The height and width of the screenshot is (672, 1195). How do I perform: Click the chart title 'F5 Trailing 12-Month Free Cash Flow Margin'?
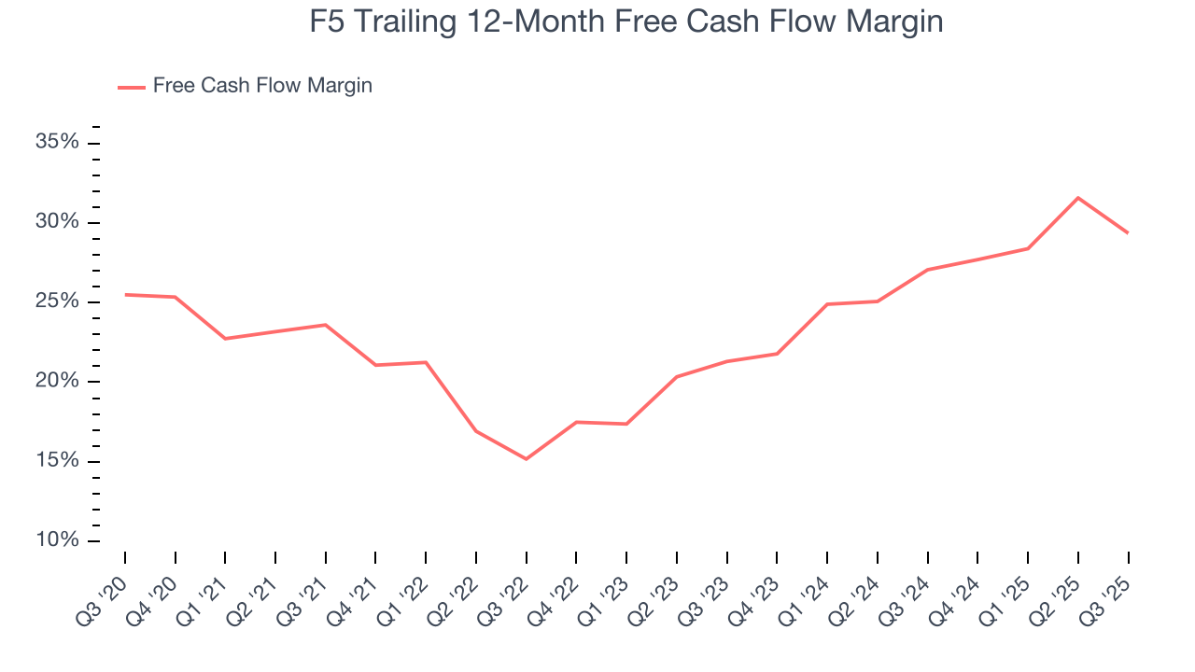click(x=626, y=21)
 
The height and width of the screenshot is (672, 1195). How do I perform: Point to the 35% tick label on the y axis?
click(x=56, y=142)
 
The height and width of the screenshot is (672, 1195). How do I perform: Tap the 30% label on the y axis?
click(x=56, y=222)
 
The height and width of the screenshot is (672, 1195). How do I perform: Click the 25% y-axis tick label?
click(x=56, y=301)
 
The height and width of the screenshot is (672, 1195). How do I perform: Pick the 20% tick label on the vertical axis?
click(x=56, y=382)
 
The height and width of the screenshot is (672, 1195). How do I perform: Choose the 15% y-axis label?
click(x=56, y=461)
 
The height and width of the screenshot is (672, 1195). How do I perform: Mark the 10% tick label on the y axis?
click(x=56, y=541)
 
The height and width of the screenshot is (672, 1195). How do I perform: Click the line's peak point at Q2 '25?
click(x=1078, y=198)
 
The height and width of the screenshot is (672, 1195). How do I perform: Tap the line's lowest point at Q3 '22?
click(x=527, y=459)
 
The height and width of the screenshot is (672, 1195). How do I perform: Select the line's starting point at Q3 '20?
click(x=125, y=295)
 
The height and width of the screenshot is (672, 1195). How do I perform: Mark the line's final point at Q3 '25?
click(x=1128, y=232)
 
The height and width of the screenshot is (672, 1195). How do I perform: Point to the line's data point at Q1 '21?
click(x=225, y=338)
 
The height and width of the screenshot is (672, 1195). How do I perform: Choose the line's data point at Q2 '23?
click(x=677, y=376)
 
